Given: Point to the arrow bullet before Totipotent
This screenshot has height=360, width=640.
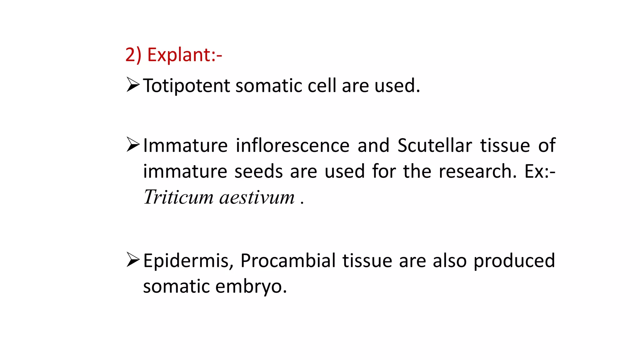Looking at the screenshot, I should click(x=133, y=85).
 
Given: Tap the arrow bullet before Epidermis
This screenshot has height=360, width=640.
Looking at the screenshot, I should click(x=133, y=260).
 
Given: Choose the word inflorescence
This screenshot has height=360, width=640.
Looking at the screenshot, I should click(x=292, y=146).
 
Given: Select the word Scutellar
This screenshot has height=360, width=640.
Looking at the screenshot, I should click(x=435, y=146).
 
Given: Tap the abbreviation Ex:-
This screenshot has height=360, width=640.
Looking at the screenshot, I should click(x=540, y=172).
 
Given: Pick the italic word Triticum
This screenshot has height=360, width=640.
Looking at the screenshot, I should click(x=178, y=197).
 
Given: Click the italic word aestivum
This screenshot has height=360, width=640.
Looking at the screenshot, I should click(x=257, y=197).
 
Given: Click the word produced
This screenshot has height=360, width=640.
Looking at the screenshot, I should click(x=514, y=261).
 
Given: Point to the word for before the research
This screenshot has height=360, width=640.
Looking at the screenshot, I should click(x=384, y=172).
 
